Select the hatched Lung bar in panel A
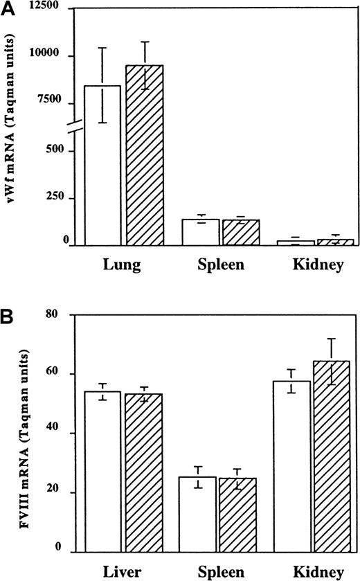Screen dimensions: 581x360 tap(144, 155)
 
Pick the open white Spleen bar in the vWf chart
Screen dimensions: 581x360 tap(201, 232)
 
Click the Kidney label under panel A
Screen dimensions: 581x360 tap(316, 265)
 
